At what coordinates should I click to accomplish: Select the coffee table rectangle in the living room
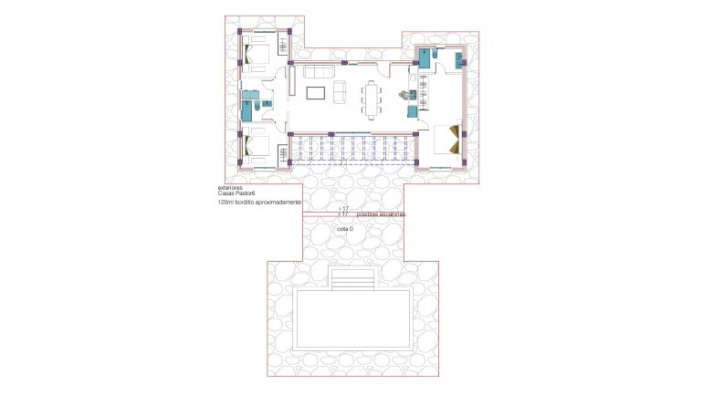click(x=317, y=92)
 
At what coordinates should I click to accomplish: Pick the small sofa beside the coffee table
click(x=340, y=92)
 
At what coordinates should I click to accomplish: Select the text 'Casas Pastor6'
click(x=233, y=194)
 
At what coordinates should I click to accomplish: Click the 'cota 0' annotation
click(x=345, y=229)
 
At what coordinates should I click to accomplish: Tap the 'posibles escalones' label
click(x=382, y=214)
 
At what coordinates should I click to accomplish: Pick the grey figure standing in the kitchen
click(x=404, y=94)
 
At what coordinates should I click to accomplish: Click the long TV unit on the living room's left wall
click(x=290, y=87)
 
